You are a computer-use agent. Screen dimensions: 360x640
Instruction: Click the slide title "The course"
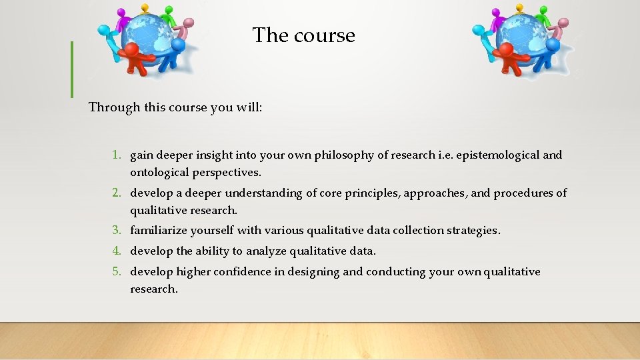(x=304, y=35)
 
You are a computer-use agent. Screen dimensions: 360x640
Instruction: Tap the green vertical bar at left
(x=71, y=69)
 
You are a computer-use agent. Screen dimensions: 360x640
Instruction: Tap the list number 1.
(x=116, y=155)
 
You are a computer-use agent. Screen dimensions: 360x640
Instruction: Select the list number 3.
(x=116, y=230)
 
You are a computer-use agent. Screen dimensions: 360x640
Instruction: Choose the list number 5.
(x=116, y=271)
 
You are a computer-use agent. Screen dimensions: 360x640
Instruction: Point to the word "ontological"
(x=159, y=172)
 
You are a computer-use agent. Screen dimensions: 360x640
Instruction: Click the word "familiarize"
(x=158, y=230)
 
